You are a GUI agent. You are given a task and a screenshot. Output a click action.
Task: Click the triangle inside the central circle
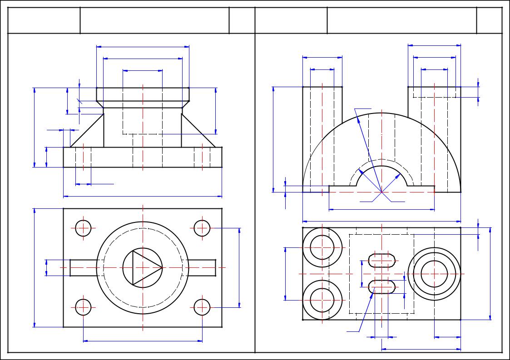click(144, 267)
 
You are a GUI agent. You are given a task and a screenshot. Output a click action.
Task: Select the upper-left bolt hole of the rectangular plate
click(84, 228)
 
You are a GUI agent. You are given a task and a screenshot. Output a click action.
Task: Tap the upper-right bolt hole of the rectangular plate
click(202, 228)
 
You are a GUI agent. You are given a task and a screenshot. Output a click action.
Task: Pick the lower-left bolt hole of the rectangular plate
click(84, 307)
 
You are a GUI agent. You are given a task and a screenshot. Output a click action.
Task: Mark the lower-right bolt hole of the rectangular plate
click(202, 307)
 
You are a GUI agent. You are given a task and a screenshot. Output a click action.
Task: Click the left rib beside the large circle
click(84, 267)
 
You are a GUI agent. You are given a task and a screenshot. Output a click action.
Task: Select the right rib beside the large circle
click(202, 267)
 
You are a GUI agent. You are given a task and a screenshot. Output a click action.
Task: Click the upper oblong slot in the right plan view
click(381, 261)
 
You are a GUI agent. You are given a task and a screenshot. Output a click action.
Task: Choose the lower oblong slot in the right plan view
click(381, 287)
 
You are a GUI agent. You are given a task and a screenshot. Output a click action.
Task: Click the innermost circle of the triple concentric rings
click(434, 274)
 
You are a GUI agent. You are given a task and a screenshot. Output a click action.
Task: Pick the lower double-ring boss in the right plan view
click(322, 300)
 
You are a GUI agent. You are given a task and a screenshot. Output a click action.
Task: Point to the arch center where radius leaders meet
click(381, 192)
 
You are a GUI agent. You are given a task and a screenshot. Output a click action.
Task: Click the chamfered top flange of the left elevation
click(143, 94)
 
